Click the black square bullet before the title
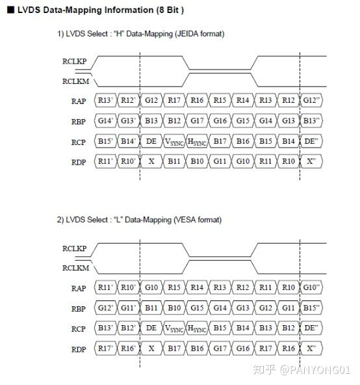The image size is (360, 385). pyautogui.click(x=10, y=10)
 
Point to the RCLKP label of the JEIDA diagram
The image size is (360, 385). pyautogui.click(x=74, y=61)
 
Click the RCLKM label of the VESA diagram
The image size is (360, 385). pyautogui.click(x=75, y=268)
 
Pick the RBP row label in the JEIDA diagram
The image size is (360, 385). pyautogui.click(x=79, y=122)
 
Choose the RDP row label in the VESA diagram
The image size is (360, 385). pyautogui.click(x=79, y=349)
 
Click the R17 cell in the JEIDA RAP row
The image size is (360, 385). pyautogui.click(x=174, y=100)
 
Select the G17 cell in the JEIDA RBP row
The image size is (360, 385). pyautogui.click(x=197, y=120)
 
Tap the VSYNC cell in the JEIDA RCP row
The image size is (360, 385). pyautogui.click(x=174, y=141)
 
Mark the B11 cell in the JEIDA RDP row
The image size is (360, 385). pyautogui.click(x=174, y=161)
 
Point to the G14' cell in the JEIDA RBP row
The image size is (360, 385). pyautogui.click(x=105, y=120)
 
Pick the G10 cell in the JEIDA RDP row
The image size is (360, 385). pyautogui.click(x=242, y=161)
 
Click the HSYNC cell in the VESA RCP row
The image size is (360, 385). pyautogui.click(x=197, y=328)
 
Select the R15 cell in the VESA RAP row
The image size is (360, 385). pyautogui.click(x=174, y=287)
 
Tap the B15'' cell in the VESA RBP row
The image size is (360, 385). pyautogui.click(x=311, y=308)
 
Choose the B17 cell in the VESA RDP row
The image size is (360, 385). pyautogui.click(x=174, y=348)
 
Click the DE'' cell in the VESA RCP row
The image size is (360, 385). pyautogui.click(x=311, y=328)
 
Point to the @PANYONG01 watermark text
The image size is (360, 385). pyautogui.click(x=315, y=370)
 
